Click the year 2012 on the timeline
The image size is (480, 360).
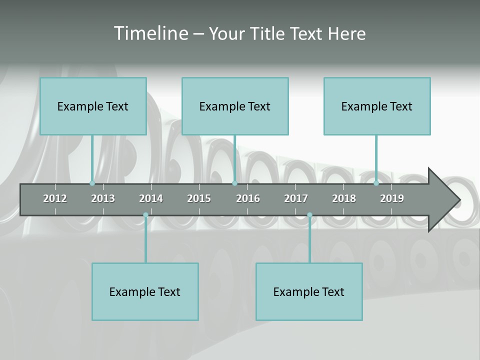[55, 198]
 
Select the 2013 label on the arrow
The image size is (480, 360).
[103, 198]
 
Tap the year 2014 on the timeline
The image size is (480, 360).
[151, 198]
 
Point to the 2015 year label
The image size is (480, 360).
[199, 198]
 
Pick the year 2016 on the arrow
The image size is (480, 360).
[248, 198]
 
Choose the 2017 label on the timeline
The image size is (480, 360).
[296, 198]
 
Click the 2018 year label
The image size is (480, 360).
[344, 198]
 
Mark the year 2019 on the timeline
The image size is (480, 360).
[392, 198]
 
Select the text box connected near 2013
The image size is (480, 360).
[93, 106]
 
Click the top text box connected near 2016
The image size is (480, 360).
[235, 106]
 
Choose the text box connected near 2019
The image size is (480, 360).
[377, 106]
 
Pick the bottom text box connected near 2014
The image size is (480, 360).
[145, 291]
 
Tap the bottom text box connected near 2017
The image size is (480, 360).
[309, 291]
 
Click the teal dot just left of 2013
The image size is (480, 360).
[92, 183]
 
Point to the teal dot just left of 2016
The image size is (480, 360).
[234, 183]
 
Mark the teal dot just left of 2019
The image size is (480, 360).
[376, 183]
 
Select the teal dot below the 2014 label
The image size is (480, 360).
[145, 215]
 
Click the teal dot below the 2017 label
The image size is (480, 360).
[309, 215]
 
